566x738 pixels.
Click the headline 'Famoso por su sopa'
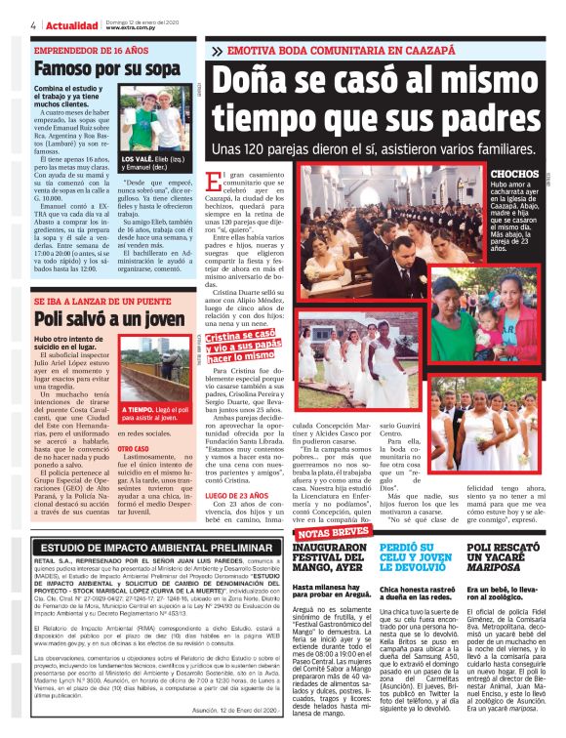[93, 69]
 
